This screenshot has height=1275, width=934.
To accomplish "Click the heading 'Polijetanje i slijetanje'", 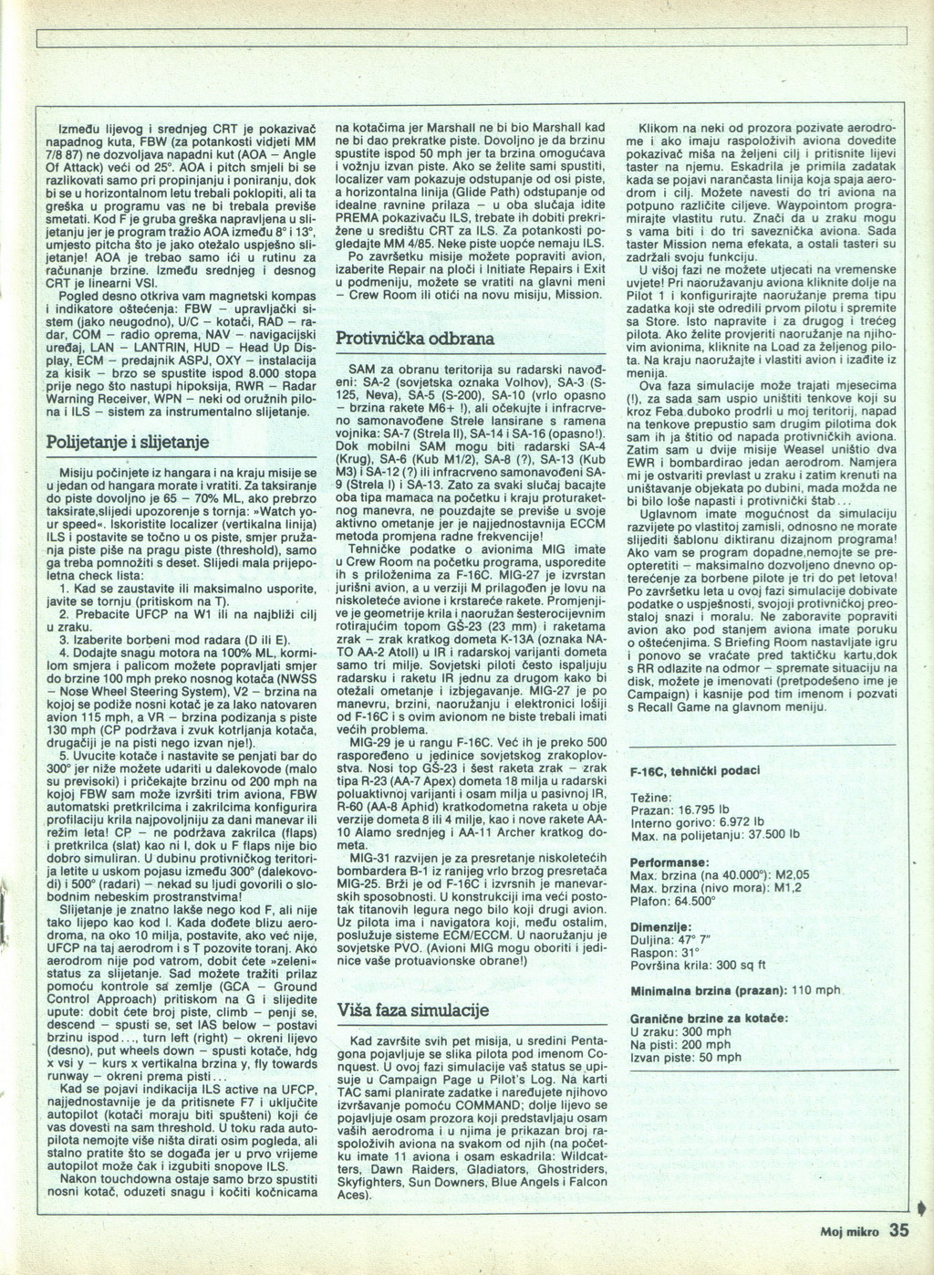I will [128, 442].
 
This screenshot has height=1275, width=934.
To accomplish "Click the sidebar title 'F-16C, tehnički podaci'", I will [695, 771].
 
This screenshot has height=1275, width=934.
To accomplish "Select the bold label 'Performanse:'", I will [669, 862].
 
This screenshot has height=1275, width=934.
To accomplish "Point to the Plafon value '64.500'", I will [695, 900].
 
